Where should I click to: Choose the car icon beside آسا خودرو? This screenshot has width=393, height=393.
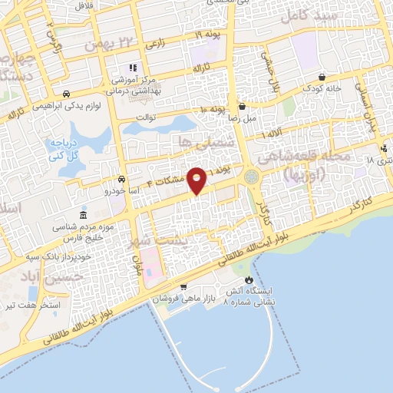tap(122, 178)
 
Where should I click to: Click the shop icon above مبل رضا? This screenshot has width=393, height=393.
tap(242, 107)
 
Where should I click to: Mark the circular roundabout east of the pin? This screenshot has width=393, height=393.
tap(253, 177)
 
